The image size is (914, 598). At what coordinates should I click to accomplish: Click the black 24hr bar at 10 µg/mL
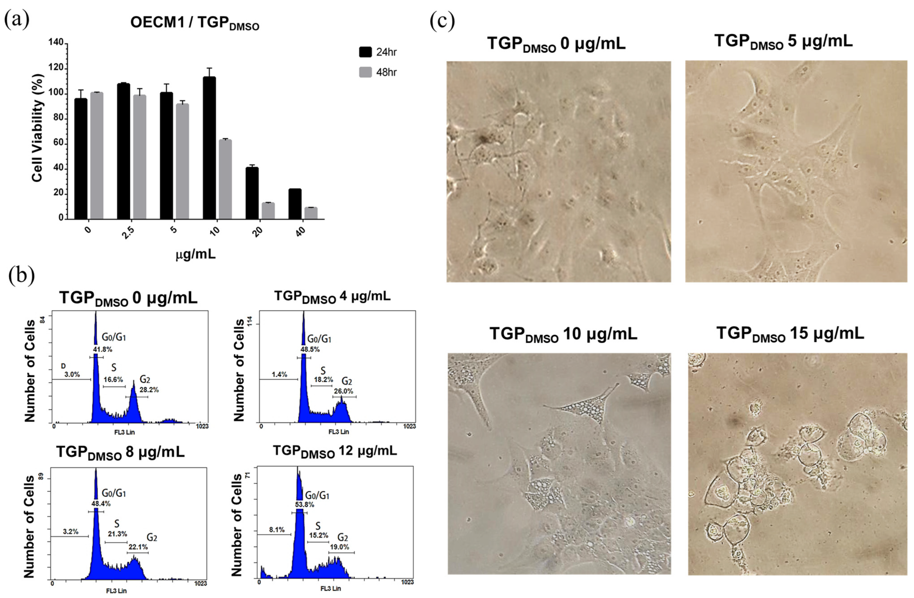[x=209, y=148]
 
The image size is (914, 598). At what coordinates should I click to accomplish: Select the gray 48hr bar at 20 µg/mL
[x=268, y=211]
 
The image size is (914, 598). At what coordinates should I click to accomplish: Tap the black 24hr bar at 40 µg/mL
[x=295, y=204]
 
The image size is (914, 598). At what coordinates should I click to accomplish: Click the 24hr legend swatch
[x=365, y=52]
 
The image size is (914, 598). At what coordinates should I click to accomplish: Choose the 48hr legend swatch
[x=365, y=72]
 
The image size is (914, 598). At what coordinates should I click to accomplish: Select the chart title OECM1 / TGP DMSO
[x=195, y=23]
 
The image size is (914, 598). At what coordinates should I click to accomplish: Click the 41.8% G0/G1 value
[x=102, y=349]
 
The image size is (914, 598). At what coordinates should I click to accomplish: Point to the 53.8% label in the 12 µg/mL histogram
[x=304, y=504]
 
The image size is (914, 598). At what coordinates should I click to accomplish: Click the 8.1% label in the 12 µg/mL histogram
[x=277, y=530]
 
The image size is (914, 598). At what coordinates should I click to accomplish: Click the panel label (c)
[x=442, y=21]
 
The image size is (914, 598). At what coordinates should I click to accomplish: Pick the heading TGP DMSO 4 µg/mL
[x=332, y=296]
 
